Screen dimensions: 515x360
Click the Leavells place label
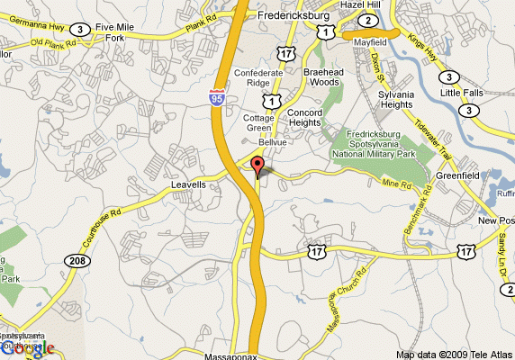pyautogui.click(x=188, y=184)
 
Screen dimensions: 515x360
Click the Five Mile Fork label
pyautogui.click(x=114, y=32)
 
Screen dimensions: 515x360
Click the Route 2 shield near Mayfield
pyautogui.click(x=367, y=21)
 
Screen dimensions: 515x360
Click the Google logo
pyautogui.click(x=27, y=348)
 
